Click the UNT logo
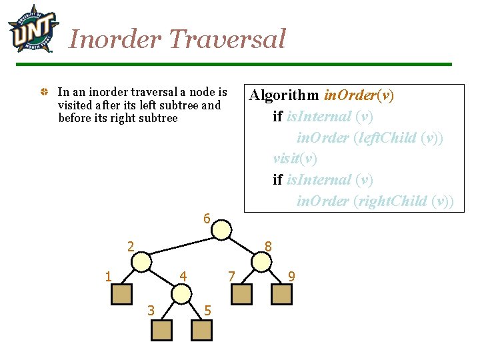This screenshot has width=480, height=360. (x=29, y=29)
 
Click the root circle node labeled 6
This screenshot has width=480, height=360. (x=222, y=229)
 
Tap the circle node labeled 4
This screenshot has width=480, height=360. (x=181, y=294)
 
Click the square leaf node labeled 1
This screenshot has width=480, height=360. (x=121, y=294)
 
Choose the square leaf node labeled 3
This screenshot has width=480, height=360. (x=161, y=329)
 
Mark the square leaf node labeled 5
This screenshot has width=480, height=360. (x=201, y=329)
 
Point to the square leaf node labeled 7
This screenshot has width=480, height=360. (x=242, y=294)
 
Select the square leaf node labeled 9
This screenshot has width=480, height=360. (x=282, y=294)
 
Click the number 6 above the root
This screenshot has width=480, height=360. (x=207, y=219)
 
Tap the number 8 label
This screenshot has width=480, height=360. (x=268, y=247)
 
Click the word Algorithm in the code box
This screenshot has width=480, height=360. (x=284, y=95)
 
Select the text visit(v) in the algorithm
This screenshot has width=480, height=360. (x=295, y=159)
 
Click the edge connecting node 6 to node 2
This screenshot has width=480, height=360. (x=181, y=245)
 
